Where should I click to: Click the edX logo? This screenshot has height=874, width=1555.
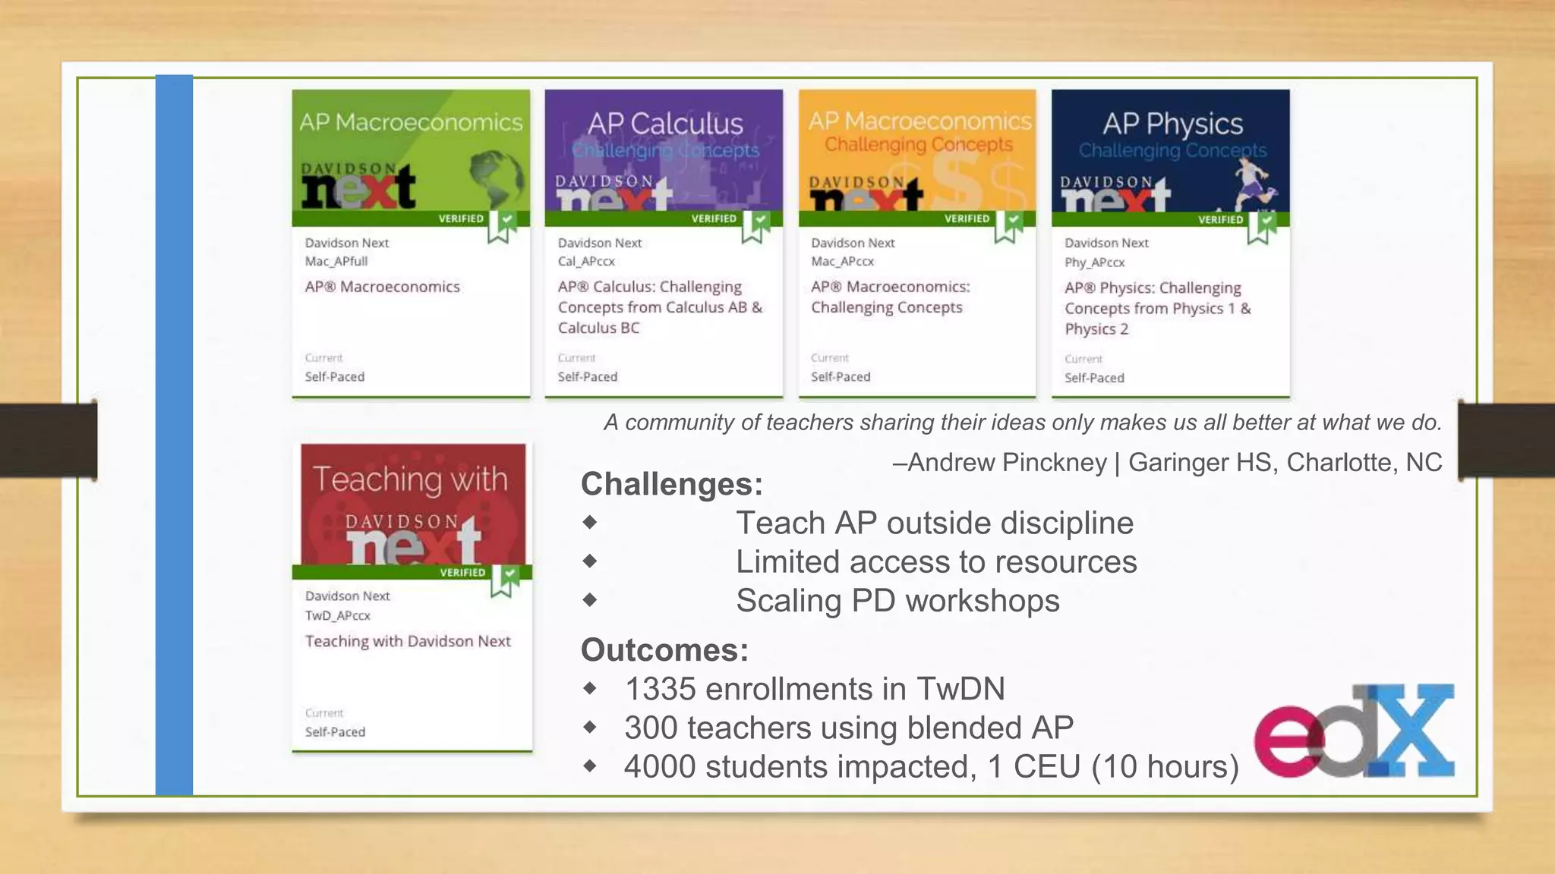(x=1354, y=731)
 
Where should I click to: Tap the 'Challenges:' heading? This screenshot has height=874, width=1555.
(x=671, y=484)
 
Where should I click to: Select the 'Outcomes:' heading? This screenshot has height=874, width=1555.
(x=664, y=650)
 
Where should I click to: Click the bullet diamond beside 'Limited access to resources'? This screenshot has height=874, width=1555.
(x=590, y=561)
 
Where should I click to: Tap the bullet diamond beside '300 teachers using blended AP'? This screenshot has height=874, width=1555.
(x=590, y=727)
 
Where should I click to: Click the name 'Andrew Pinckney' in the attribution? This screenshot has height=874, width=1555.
(x=1007, y=462)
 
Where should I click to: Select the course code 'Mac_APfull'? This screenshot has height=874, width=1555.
(x=336, y=262)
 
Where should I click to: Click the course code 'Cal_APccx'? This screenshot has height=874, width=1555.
(x=586, y=262)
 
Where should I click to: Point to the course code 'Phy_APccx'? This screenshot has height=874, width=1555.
(x=1094, y=263)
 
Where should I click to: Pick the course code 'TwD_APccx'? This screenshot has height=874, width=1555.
(x=337, y=615)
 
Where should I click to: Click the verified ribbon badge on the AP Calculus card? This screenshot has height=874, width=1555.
(x=755, y=226)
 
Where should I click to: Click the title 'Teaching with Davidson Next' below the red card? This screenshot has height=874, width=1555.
(x=408, y=641)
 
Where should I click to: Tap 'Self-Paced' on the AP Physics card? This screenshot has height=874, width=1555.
(x=1093, y=378)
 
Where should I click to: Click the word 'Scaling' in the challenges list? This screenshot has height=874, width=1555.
(x=787, y=600)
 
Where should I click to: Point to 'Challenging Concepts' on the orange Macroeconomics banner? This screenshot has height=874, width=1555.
(x=918, y=145)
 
